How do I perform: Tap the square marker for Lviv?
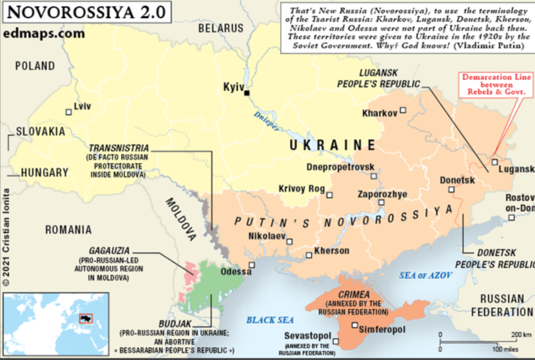pos(68,111)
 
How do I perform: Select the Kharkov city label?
pos(380,113)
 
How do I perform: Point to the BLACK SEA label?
pos(270,320)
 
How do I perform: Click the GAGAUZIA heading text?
pos(104,251)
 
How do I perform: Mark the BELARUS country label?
pos(221,28)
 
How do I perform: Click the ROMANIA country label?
pos(68,229)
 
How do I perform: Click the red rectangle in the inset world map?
pos(84,318)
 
